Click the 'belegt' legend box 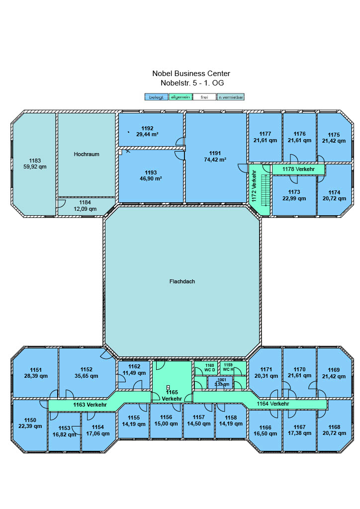(x=157, y=97)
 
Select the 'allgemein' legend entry (x=180, y=97)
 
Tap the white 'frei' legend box (x=204, y=97)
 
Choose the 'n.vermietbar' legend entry (x=231, y=97)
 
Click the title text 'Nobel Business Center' (x=191, y=74)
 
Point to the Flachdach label (x=182, y=281)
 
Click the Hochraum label (x=87, y=154)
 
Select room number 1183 (x=35, y=161)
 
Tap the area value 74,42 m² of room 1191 (x=215, y=160)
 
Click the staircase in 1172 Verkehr (x=266, y=190)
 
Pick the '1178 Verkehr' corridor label (x=298, y=169)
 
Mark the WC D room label (x=210, y=370)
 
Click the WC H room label (x=228, y=369)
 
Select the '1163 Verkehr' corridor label (x=90, y=405)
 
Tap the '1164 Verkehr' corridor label (x=272, y=404)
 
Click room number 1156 (x=166, y=417)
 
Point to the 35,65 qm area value (x=87, y=376)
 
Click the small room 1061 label (x=222, y=380)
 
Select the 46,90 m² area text (x=151, y=178)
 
